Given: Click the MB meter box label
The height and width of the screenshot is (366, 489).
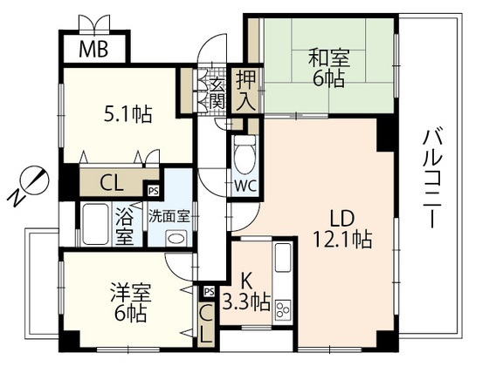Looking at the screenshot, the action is (x=93, y=49).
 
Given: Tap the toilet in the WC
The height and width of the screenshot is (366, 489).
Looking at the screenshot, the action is (x=244, y=154).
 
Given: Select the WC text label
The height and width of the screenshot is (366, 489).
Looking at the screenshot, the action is (x=245, y=186).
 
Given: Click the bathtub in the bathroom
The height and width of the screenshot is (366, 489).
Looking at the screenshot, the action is (x=95, y=224).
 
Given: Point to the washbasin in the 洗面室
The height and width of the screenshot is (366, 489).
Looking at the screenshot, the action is (x=176, y=238).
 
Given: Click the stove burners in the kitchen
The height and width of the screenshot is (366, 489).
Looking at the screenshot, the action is (x=283, y=309).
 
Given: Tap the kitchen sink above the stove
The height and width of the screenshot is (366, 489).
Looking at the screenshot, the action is (x=283, y=258).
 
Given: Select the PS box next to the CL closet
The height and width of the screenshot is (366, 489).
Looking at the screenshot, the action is (x=153, y=191).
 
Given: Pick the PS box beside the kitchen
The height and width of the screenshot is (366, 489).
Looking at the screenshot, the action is (x=210, y=292).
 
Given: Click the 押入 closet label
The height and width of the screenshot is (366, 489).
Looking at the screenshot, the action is (x=245, y=91).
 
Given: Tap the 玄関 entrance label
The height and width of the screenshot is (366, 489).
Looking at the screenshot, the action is (x=217, y=94).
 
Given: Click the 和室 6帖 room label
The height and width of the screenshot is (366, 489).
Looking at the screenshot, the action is (x=329, y=68).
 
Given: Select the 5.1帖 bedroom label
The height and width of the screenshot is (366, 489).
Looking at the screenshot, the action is (x=127, y=114).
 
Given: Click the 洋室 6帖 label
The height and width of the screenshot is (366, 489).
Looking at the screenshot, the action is (x=131, y=302).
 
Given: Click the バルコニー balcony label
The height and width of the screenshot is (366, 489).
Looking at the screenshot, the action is (x=432, y=180).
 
